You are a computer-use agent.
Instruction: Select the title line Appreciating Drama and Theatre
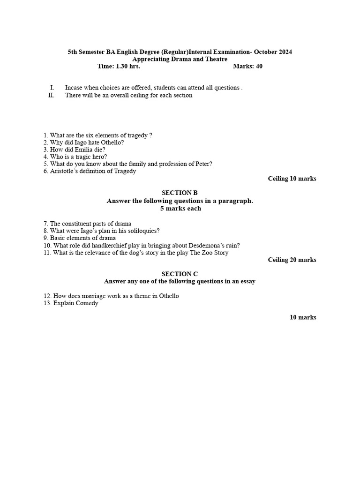click(x=180, y=60)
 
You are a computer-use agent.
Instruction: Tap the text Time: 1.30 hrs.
click(x=119, y=67)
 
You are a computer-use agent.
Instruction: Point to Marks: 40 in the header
click(x=247, y=67)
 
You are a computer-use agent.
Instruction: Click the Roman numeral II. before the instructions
click(x=52, y=95)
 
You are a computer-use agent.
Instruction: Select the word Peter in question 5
click(x=202, y=164)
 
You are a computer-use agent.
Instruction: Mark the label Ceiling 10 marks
click(x=292, y=179)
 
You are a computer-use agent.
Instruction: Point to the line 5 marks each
click(x=180, y=209)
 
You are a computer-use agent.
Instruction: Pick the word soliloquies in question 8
click(x=143, y=231)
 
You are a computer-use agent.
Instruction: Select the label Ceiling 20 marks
click(x=292, y=260)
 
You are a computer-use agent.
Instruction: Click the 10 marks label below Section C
click(x=303, y=317)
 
